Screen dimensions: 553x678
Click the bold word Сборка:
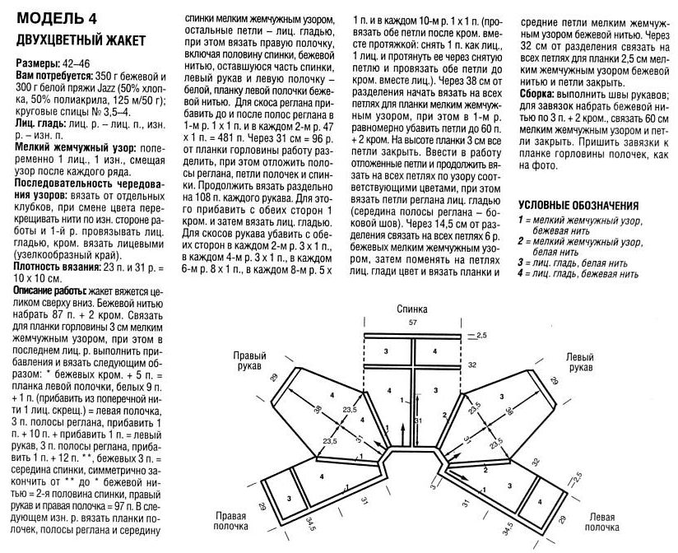click(x=539, y=95)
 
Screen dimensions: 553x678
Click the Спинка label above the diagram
click(x=412, y=309)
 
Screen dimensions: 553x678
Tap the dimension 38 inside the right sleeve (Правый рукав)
click(x=318, y=408)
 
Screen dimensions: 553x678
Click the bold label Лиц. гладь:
click(x=42, y=122)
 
